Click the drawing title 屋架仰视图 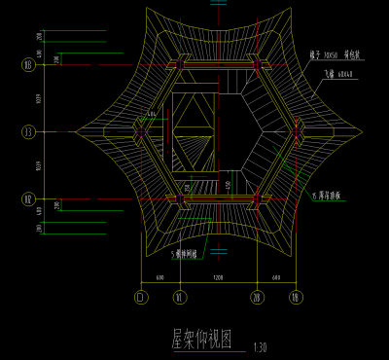coord(202,339)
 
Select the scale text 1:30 coord(258,347)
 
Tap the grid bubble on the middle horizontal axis coord(27,131)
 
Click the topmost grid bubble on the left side coord(27,65)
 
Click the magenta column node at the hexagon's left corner coord(142,131)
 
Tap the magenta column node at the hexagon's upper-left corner coord(180,65)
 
